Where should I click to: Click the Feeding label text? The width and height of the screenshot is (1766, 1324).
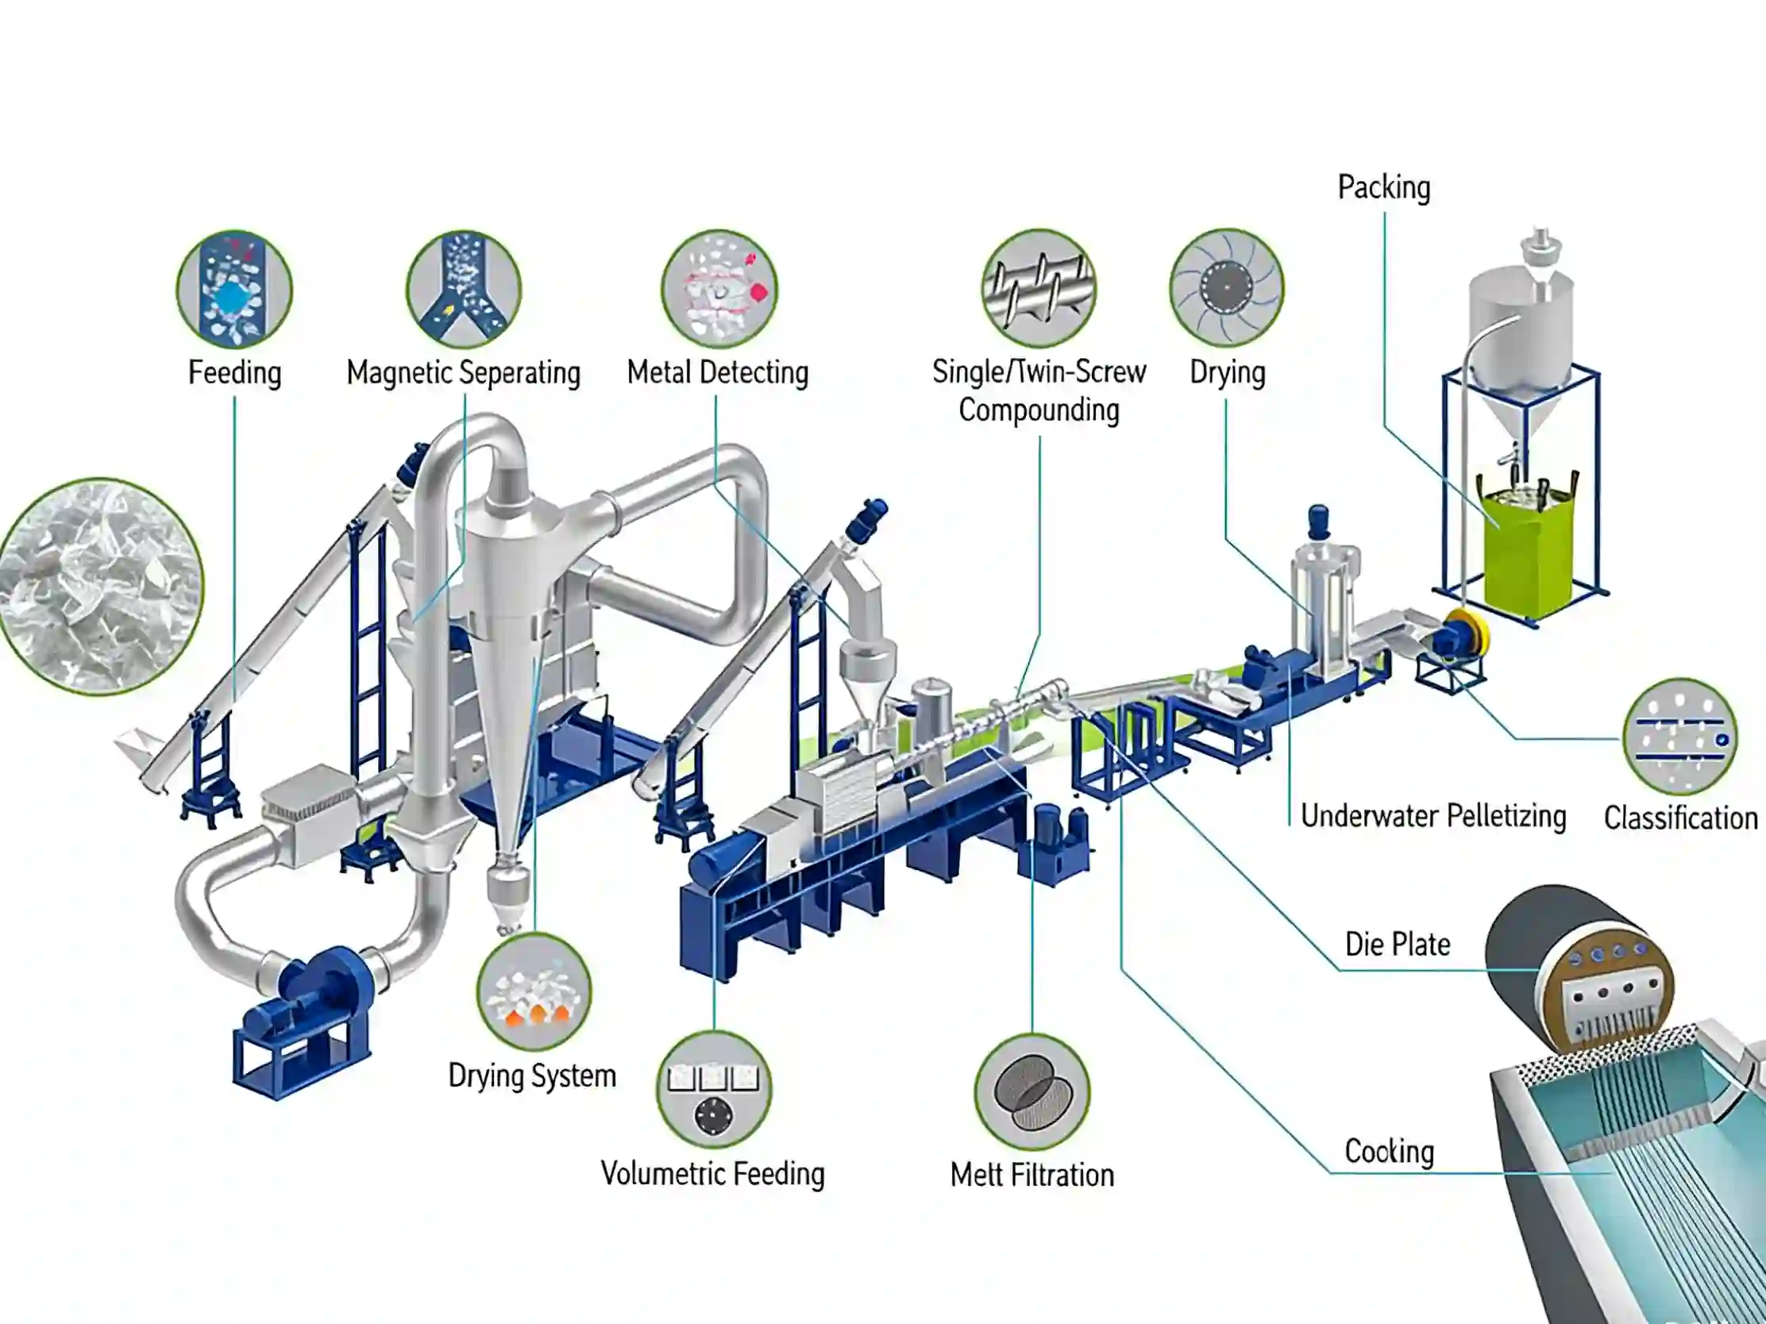coord(235,373)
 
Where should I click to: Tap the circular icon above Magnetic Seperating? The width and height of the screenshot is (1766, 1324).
coord(464,288)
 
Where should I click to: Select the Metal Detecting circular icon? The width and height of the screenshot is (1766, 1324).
coord(719,288)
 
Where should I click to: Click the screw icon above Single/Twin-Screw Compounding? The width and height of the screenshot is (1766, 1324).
coord(1039,287)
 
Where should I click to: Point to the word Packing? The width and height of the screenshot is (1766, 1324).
coord(1383,187)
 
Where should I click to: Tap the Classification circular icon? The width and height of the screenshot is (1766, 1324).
coord(1679,736)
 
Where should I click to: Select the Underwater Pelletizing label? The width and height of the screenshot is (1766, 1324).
coord(1433,816)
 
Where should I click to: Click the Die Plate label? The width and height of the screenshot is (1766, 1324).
coord(1397,944)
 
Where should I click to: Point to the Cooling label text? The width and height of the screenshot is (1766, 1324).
coord(1389,1151)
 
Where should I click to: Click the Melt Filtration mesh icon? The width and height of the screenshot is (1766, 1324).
coord(1032,1091)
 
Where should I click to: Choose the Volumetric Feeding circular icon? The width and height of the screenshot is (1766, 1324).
coord(714,1089)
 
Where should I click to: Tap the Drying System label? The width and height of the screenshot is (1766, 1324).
coord(532,1076)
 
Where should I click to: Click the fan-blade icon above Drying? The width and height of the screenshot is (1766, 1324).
coord(1226,287)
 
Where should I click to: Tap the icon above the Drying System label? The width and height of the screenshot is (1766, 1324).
coord(534,992)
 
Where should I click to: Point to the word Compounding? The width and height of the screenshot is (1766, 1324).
coord(1039,410)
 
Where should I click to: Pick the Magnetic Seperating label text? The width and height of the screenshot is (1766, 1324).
coord(463,373)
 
